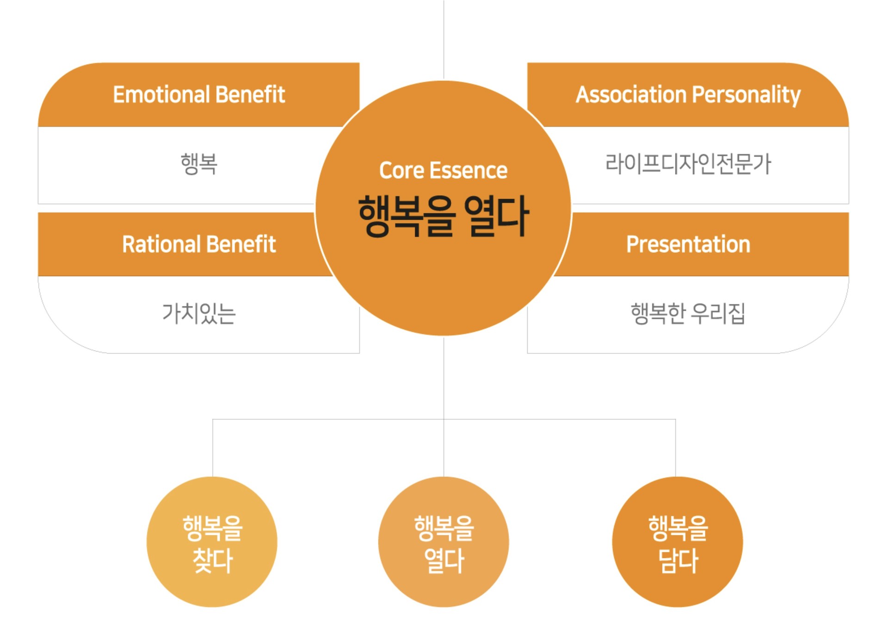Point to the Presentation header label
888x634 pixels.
coord(688,244)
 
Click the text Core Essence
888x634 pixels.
coord(443,171)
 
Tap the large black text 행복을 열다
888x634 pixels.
coord(443,216)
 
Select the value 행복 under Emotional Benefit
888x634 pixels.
coord(199,164)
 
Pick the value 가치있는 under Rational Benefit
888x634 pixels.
coord(199,313)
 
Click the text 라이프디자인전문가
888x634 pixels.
coord(688,164)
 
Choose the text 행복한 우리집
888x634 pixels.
coord(688,313)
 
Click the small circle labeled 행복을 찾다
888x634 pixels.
coord(212,542)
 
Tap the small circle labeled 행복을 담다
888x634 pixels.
coord(677,542)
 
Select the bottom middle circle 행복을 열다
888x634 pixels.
coord(444,542)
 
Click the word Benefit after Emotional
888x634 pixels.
coord(250,95)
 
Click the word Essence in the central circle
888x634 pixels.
coord(469,171)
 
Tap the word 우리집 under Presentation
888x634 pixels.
coord(718,313)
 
